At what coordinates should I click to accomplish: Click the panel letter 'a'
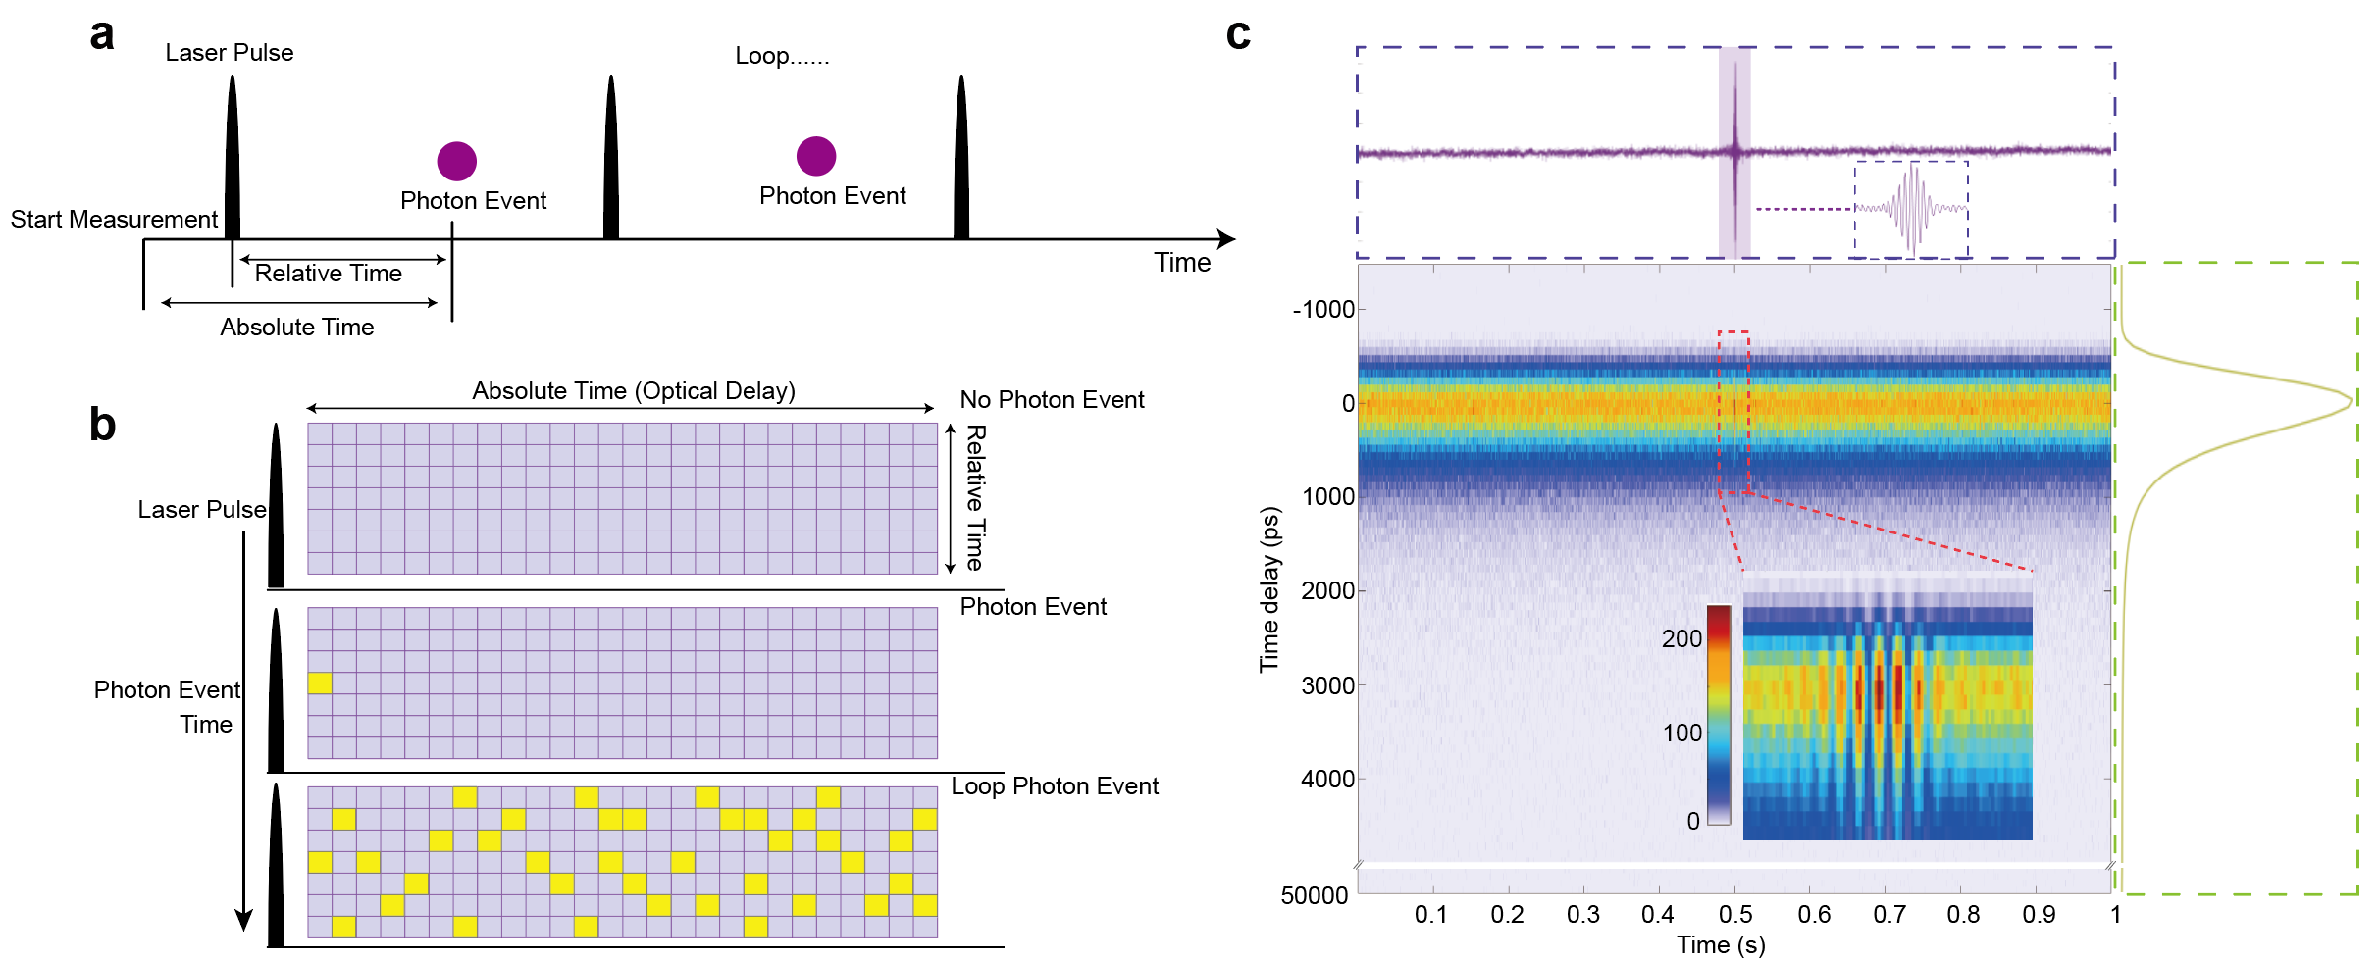coord(102,35)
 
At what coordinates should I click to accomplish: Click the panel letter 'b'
coord(102,424)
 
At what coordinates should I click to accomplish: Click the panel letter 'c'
coord(1238,35)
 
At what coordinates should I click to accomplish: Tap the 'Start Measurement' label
coord(114,219)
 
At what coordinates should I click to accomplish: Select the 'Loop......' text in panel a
coord(782,56)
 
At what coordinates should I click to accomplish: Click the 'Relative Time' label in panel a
coord(328,274)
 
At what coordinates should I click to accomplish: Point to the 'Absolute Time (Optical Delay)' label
coord(634,391)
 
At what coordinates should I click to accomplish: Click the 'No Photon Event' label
coord(1052,400)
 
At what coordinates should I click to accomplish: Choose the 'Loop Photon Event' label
coord(1055,786)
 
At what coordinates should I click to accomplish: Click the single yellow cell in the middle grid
coord(320,683)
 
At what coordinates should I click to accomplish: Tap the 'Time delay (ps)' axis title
coord(1270,588)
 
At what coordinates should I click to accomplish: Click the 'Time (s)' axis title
coord(1721,944)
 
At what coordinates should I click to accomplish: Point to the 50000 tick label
coord(1315,895)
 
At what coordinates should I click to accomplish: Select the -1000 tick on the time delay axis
coord(1323,310)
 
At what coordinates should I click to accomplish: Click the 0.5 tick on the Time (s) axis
coord(1735,915)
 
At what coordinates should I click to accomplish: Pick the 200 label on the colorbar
coord(1681,639)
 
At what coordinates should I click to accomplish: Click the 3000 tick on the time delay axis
coord(1327,685)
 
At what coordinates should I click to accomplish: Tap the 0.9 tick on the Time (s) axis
coord(2039,915)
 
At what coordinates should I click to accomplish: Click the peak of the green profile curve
coord(2351,400)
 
